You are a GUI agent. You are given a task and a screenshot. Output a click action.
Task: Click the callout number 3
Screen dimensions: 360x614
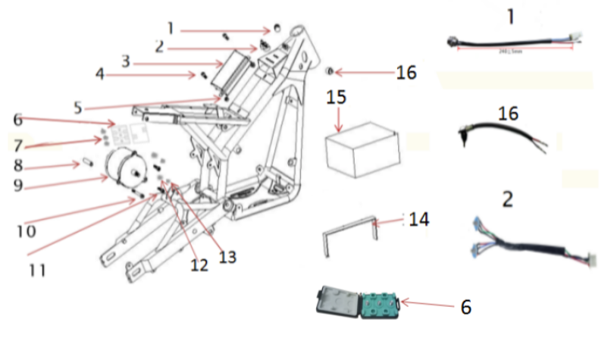click(x=125, y=59)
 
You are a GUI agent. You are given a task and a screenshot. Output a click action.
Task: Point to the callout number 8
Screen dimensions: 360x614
click(x=18, y=164)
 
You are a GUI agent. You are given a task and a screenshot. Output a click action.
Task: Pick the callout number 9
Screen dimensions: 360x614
click(x=18, y=185)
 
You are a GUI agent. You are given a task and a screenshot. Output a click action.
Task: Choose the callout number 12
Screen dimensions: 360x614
click(x=199, y=265)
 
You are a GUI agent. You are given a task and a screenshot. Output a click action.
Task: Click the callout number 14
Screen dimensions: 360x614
click(x=419, y=220)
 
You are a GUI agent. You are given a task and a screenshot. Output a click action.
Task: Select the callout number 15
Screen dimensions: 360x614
click(x=336, y=98)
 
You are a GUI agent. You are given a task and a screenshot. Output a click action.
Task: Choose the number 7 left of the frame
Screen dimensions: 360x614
click(x=18, y=143)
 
